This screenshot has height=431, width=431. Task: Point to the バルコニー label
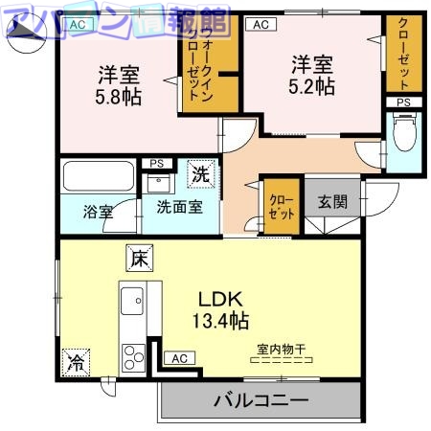(260, 398)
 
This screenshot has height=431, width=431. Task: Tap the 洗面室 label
(172, 206)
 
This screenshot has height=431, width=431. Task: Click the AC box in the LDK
(177, 358)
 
